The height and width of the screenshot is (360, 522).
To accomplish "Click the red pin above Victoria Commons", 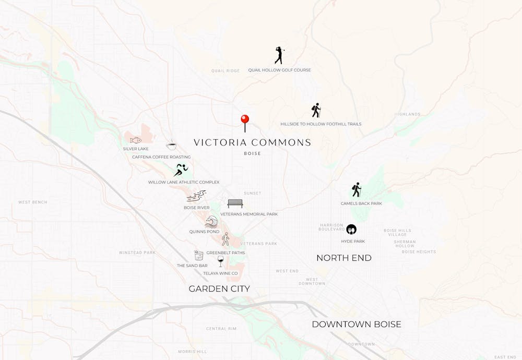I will tap(245, 120).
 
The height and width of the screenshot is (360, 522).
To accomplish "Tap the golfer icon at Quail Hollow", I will tap(279, 55).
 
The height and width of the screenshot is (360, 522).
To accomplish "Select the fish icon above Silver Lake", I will tap(136, 140).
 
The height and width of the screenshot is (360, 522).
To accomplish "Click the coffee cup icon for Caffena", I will tap(171, 146).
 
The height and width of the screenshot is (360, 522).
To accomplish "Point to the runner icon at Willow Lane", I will tap(181, 170).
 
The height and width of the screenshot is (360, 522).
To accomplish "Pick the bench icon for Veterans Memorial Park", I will tap(235, 203).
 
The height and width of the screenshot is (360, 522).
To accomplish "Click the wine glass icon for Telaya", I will tap(221, 261).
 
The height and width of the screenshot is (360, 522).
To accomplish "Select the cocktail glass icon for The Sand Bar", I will tap(199, 256).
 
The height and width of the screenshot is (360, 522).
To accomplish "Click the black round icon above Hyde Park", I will tap(351, 230).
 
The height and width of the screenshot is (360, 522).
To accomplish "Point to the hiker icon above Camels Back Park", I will tap(357, 190).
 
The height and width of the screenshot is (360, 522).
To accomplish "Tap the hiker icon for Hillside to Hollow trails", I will tap(316, 111).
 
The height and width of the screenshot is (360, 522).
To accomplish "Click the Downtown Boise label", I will tap(357, 325).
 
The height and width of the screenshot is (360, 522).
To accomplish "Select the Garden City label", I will tap(219, 289).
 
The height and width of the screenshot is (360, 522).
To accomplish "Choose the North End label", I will tap(344, 258).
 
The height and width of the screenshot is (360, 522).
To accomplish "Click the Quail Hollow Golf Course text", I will tap(279, 70).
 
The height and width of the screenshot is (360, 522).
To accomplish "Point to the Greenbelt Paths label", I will tap(226, 253).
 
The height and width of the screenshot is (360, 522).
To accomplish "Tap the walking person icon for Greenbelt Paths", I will tap(226, 239).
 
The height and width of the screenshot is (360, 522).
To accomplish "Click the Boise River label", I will tap(196, 208).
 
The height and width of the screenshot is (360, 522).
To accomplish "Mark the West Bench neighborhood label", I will tap(33, 202).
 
